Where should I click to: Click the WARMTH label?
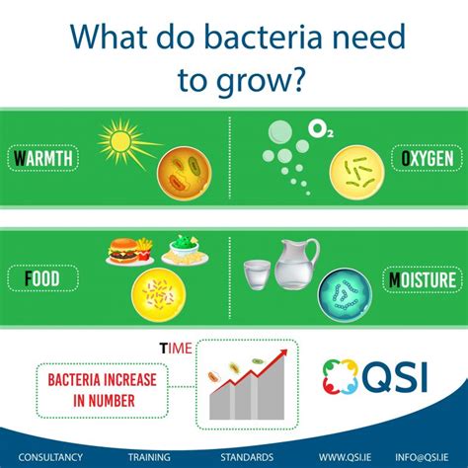coord(43,158)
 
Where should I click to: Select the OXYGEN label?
coord(428,158)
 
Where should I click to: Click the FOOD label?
coord(42,278)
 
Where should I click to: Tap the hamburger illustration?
coord(123,251)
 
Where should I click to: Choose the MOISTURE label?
coord(423,279)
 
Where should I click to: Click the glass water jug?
coord(294,265)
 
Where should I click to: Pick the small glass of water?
coord(257,274)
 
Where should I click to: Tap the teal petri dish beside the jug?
coord(346,295)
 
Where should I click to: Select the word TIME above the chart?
coord(176,349)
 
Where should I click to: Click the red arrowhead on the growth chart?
coord(282,353)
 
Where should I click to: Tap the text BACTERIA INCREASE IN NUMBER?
coord(103,390)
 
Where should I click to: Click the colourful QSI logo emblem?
coord(340,376)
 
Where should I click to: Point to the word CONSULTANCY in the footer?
coord(50,457)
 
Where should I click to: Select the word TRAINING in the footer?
coord(149,457)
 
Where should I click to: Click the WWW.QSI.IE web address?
coord(345,457)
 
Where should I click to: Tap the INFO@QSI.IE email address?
coord(422,457)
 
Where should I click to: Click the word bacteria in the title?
coord(263,37)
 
